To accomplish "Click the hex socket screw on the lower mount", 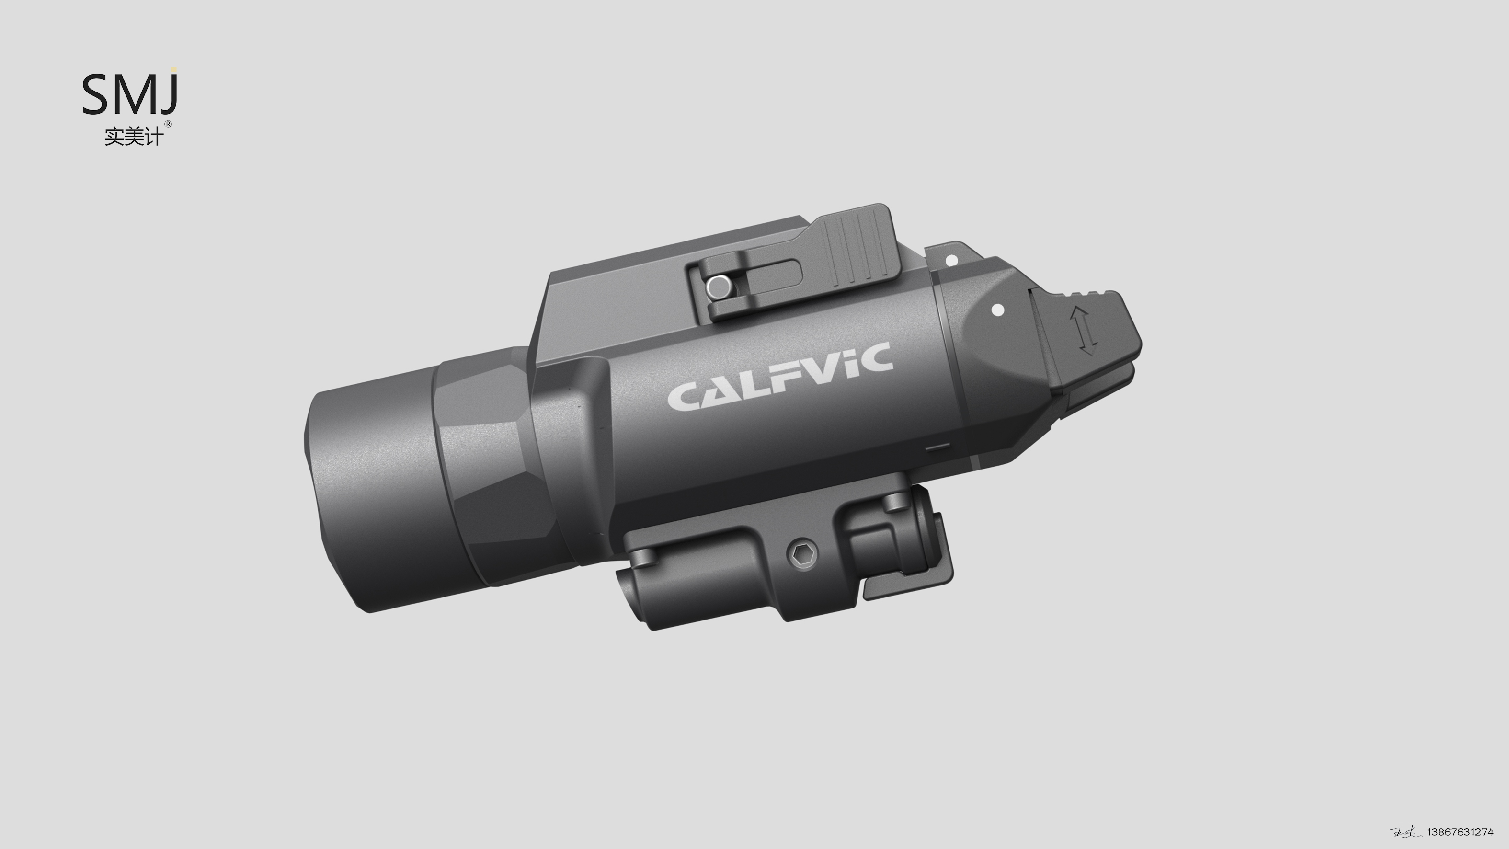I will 801,554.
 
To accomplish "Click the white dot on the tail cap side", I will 997,310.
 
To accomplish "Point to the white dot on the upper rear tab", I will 951,260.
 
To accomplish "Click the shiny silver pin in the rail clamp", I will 718,287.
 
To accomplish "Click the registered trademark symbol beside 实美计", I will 168,124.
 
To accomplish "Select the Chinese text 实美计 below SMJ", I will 133,137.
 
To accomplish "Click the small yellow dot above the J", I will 174,69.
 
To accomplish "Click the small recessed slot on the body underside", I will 937,447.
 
